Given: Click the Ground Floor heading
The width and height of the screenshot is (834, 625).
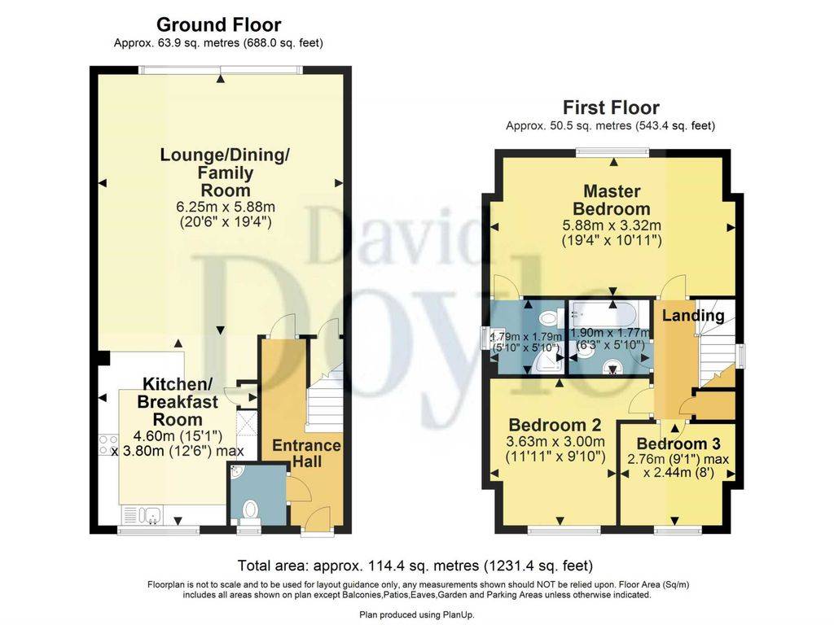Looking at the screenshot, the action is pyautogui.click(x=218, y=24).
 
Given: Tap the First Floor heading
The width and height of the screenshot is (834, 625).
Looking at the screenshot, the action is pyautogui.click(x=611, y=108).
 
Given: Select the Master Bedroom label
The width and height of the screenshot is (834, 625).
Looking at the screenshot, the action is pyautogui.click(x=611, y=200).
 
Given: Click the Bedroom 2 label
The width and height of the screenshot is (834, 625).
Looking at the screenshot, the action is pyautogui.click(x=555, y=425).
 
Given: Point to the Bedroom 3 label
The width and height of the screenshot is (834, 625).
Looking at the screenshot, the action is pyautogui.click(x=678, y=444).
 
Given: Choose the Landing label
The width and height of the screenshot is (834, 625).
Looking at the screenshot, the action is pyautogui.click(x=693, y=316).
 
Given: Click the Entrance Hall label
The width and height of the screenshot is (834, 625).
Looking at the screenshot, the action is pyautogui.click(x=306, y=453).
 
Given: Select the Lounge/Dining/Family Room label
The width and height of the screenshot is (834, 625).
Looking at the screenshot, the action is pyautogui.click(x=225, y=173).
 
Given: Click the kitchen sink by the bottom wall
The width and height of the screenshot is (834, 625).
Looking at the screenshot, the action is pyautogui.click(x=143, y=514).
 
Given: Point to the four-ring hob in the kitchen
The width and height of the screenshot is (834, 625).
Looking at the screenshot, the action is pyautogui.click(x=108, y=445).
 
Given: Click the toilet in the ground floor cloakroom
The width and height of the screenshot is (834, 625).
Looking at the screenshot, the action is pyautogui.click(x=249, y=511).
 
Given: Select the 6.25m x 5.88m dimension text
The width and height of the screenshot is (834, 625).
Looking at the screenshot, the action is pyautogui.click(x=225, y=206).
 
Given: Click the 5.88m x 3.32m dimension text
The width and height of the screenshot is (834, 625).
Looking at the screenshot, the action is pyautogui.click(x=612, y=225).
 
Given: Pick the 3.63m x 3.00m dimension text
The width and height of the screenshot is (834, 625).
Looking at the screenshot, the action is pyautogui.click(x=555, y=441).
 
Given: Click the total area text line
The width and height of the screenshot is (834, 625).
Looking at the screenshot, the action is pyautogui.click(x=415, y=565).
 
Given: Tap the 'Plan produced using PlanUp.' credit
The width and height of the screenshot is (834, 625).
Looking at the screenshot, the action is pyautogui.click(x=416, y=615).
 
